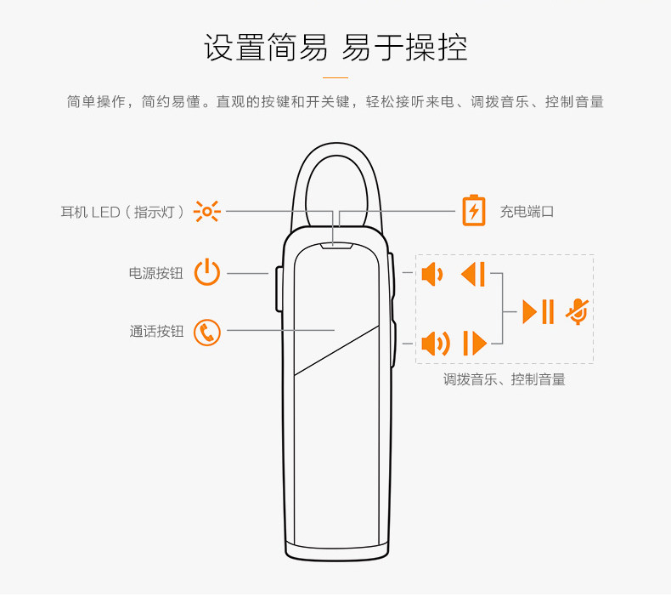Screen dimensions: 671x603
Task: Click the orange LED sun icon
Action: point(206,211)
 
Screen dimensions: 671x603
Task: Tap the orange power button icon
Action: point(207,273)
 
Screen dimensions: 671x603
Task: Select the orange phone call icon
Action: point(207,332)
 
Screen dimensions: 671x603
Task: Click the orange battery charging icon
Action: point(474,211)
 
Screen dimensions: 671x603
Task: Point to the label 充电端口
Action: point(527,212)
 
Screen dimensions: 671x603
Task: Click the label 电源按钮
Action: point(155,274)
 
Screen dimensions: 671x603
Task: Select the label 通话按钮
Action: point(156,332)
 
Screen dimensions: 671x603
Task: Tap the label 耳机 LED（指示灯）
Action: point(122,212)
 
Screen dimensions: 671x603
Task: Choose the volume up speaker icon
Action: point(435,344)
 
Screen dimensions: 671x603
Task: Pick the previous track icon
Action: point(473,275)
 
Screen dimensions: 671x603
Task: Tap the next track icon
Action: point(474,344)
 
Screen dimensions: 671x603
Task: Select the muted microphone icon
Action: point(578,311)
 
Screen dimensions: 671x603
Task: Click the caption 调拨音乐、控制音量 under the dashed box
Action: point(505,380)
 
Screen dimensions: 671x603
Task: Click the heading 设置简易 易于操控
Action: point(335,48)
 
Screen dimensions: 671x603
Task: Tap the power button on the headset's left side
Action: point(279,289)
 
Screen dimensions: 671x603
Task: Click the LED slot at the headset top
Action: point(337,247)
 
